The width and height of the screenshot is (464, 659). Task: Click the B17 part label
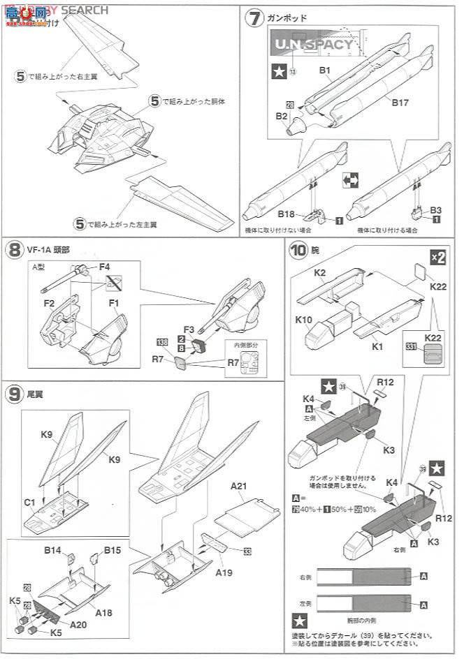(x=400, y=103)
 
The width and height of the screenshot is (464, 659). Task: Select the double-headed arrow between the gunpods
(x=351, y=180)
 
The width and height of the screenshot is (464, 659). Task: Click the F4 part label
(x=105, y=267)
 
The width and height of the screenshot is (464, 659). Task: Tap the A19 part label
(x=224, y=572)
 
